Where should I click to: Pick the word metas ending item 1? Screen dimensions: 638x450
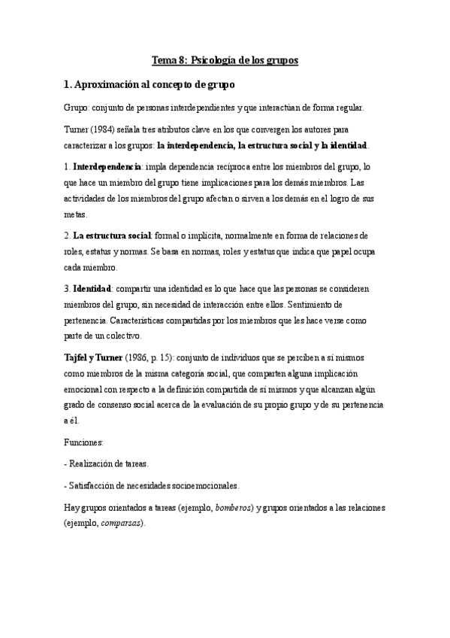pos(77,214)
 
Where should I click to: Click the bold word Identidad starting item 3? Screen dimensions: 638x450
pos(92,289)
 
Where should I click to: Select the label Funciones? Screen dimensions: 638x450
pos(86,444)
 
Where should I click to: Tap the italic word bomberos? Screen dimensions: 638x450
pos(234,509)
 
